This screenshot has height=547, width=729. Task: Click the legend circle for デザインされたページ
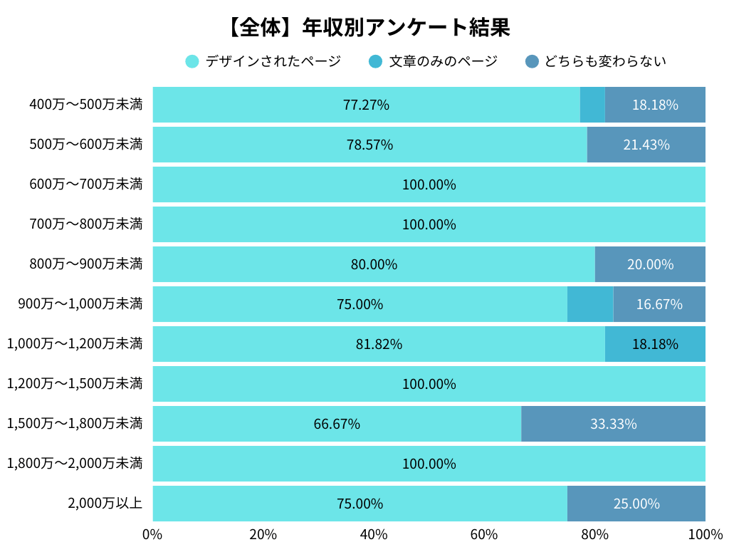coord(192,61)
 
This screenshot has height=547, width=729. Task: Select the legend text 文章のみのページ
coord(443,61)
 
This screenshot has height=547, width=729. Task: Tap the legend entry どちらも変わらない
coord(604,61)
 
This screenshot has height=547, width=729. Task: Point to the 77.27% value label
coord(366,105)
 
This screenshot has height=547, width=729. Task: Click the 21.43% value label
coord(646,145)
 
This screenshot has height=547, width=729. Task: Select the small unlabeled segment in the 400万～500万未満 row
coord(592,105)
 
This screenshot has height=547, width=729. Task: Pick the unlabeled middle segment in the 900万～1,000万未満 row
coord(590,304)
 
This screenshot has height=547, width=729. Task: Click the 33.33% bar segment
coord(613,424)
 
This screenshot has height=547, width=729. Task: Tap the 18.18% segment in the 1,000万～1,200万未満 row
coord(655,344)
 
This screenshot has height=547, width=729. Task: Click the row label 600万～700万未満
coord(85,184)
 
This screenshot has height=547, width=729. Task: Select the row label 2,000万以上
coord(105,504)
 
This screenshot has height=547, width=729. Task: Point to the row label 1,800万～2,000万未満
coord(75,464)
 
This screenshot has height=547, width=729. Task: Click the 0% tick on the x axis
coord(152,535)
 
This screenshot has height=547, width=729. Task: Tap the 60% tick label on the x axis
coord(484,535)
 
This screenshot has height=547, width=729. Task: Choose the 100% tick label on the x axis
coord(705,535)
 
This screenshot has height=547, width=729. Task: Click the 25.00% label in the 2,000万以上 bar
coord(636,504)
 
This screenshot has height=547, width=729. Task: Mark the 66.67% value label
coord(337,424)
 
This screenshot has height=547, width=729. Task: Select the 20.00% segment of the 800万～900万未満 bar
coord(650,264)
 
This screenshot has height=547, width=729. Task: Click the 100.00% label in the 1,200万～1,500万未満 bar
coord(429,384)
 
